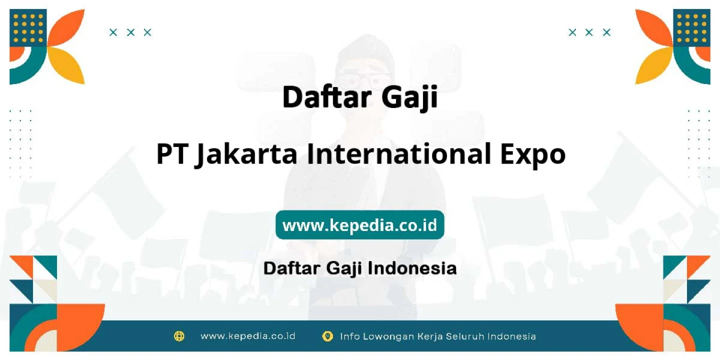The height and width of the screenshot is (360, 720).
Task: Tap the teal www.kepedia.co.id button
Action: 359,224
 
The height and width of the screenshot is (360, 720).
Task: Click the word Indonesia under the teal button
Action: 412,268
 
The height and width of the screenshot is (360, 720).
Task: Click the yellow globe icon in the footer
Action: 179,336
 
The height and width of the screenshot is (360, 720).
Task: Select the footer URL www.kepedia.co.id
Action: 248,336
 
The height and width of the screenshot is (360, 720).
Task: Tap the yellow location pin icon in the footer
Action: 327,336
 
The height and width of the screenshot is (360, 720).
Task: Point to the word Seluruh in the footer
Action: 465,336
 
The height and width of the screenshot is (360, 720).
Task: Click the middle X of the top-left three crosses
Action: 130,32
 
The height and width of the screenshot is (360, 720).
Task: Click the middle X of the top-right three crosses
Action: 589,32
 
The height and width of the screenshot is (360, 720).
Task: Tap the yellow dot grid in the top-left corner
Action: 28,28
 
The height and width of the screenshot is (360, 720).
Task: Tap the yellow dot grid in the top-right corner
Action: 691,28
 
